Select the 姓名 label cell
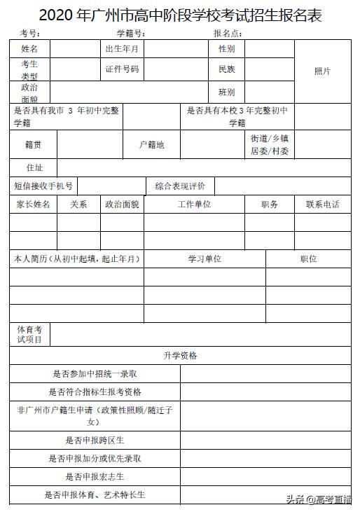(30, 49)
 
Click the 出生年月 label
(122, 49)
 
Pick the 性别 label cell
(226, 49)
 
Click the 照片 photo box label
(322, 71)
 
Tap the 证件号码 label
(122, 69)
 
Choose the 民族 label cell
(226, 69)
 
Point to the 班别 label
(226, 92)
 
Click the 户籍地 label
(152, 145)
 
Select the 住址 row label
(34, 168)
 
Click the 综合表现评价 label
(181, 186)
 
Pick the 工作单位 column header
(194, 205)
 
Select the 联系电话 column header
(323, 205)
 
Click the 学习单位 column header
(205, 258)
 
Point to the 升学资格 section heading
(181, 356)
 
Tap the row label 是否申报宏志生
(95, 477)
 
